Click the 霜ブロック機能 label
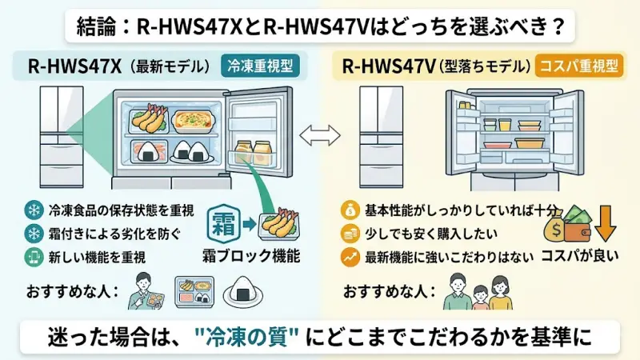point(250,258)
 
